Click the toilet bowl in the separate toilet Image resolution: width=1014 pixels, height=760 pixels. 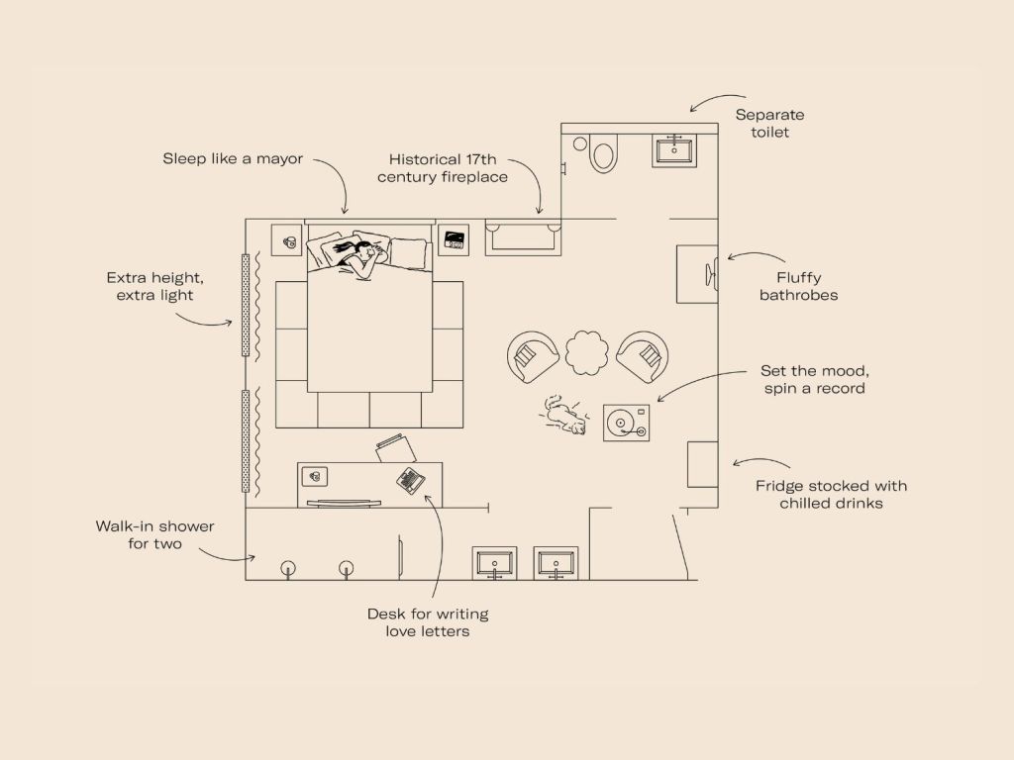pyautogui.click(x=603, y=155)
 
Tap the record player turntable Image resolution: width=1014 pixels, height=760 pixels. pyautogui.click(x=626, y=424)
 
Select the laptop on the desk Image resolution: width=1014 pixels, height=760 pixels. pyautogui.click(x=410, y=480)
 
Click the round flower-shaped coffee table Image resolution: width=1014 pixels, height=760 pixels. pyautogui.click(x=587, y=353)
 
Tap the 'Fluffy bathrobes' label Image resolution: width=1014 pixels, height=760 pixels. pyautogui.click(x=799, y=286)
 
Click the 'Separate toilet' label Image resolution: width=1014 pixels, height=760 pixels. pyautogui.click(x=769, y=124)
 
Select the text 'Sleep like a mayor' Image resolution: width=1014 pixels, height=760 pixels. pyautogui.click(x=233, y=159)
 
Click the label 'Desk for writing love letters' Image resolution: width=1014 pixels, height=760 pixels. pyautogui.click(x=428, y=622)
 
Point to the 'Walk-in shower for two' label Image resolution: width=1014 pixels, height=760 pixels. pyautogui.click(x=154, y=535)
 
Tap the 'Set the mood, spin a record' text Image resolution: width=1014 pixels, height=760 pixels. pyautogui.click(x=814, y=379)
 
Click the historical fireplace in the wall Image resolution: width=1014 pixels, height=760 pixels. pyautogui.click(x=523, y=237)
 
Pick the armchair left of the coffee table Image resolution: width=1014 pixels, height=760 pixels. pyautogui.click(x=532, y=356)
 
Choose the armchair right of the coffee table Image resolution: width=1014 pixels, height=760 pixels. pyautogui.click(x=643, y=356)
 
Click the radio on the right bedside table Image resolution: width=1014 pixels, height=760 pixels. pyautogui.click(x=454, y=240)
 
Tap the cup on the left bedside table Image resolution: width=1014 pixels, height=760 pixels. pyautogui.click(x=289, y=241)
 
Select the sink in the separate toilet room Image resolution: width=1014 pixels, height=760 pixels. pyautogui.click(x=674, y=150)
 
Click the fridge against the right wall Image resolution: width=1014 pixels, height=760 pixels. pyautogui.click(x=702, y=464)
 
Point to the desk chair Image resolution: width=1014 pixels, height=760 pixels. pyautogui.click(x=396, y=448)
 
